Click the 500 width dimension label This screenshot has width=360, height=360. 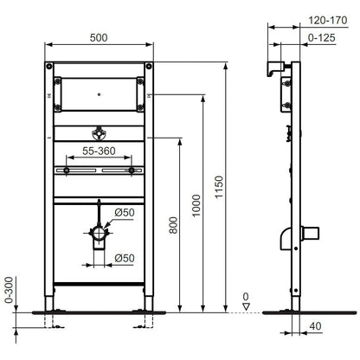[x=99, y=38]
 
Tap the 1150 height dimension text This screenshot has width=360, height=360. [x=219, y=187]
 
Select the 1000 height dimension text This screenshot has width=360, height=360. [x=196, y=205]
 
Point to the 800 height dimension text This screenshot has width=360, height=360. [x=173, y=225]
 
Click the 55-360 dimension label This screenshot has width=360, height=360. [x=99, y=151]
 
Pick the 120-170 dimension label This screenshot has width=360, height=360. [x=328, y=21]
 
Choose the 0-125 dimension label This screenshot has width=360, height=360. [x=322, y=38]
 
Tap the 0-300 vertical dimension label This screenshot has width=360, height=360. [x=10, y=290]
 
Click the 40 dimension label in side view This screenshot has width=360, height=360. [x=315, y=326]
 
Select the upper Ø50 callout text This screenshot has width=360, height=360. [x=125, y=213]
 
